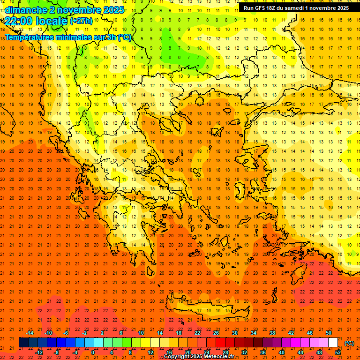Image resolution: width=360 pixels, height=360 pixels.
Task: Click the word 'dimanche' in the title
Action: tap(26, 10)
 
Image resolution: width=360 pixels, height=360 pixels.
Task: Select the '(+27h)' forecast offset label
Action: tap(81, 21)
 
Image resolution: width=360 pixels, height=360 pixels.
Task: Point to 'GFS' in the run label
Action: tap(261, 8)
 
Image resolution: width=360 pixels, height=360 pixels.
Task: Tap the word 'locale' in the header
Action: tap(52, 21)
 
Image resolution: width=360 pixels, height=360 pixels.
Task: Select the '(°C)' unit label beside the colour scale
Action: tap(349, 343)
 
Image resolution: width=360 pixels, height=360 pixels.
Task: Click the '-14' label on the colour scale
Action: tap(30, 333)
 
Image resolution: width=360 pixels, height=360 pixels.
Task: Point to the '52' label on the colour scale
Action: tap(338, 352)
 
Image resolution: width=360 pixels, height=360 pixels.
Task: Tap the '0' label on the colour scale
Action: tap(93, 352)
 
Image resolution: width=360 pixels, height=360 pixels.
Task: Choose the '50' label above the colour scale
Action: tap(329, 333)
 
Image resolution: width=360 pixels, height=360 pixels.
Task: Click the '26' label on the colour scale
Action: tap(216, 333)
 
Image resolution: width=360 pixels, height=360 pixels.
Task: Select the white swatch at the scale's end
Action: tap(333, 343)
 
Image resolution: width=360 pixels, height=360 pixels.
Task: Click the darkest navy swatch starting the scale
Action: tap(23, 343)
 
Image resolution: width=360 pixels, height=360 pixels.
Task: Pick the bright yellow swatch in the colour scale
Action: tap(146, 343)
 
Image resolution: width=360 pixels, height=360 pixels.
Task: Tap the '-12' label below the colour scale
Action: tap(39, 352)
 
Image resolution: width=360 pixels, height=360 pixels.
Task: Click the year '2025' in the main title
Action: tap(113, 10)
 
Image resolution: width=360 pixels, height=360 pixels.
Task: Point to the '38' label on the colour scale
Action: tap(272, 333)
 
